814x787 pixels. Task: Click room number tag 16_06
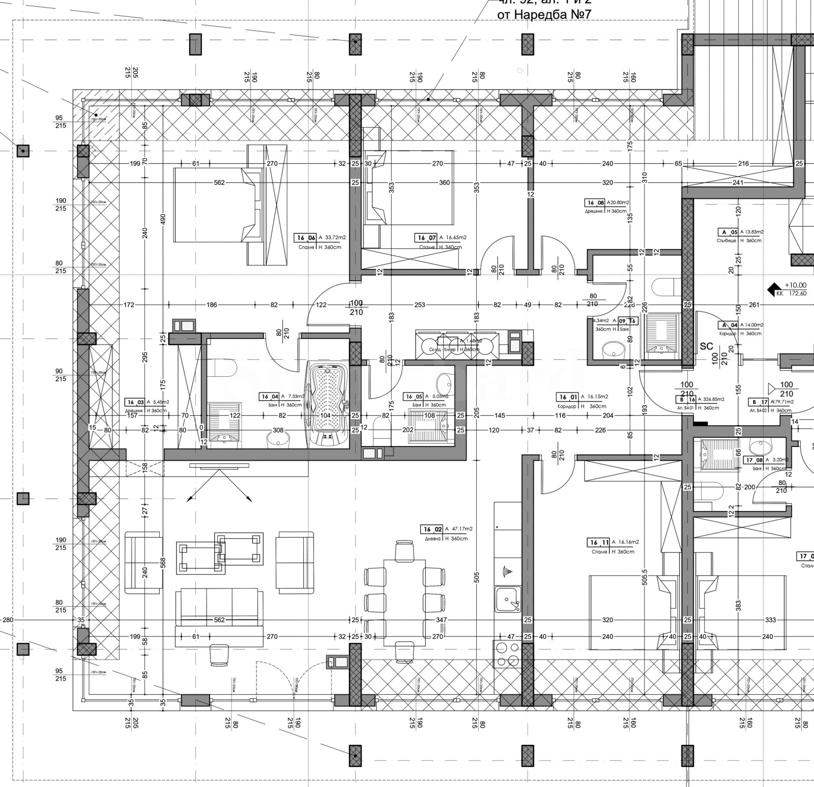click(306, 238)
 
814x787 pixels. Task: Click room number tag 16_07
click(426, 238)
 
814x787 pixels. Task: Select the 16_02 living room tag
click(431, 529)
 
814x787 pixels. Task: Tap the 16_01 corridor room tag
click(567, 397)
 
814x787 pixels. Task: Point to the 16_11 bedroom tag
click(598, 543)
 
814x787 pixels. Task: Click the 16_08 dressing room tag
click(595, 203)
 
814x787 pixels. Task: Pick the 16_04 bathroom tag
click(270, 397)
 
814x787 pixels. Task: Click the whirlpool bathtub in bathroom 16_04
click(327, 404)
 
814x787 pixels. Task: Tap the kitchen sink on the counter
click(508, 599)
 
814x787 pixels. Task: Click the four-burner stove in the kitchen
click(507, 655)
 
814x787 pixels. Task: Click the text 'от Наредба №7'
click(544, 14)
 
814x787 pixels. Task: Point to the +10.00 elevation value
click(795, 286)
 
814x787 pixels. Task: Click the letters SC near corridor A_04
click(707, 346)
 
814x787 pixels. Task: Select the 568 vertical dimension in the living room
click(163, 563)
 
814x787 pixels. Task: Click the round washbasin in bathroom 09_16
click(613, 350)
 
